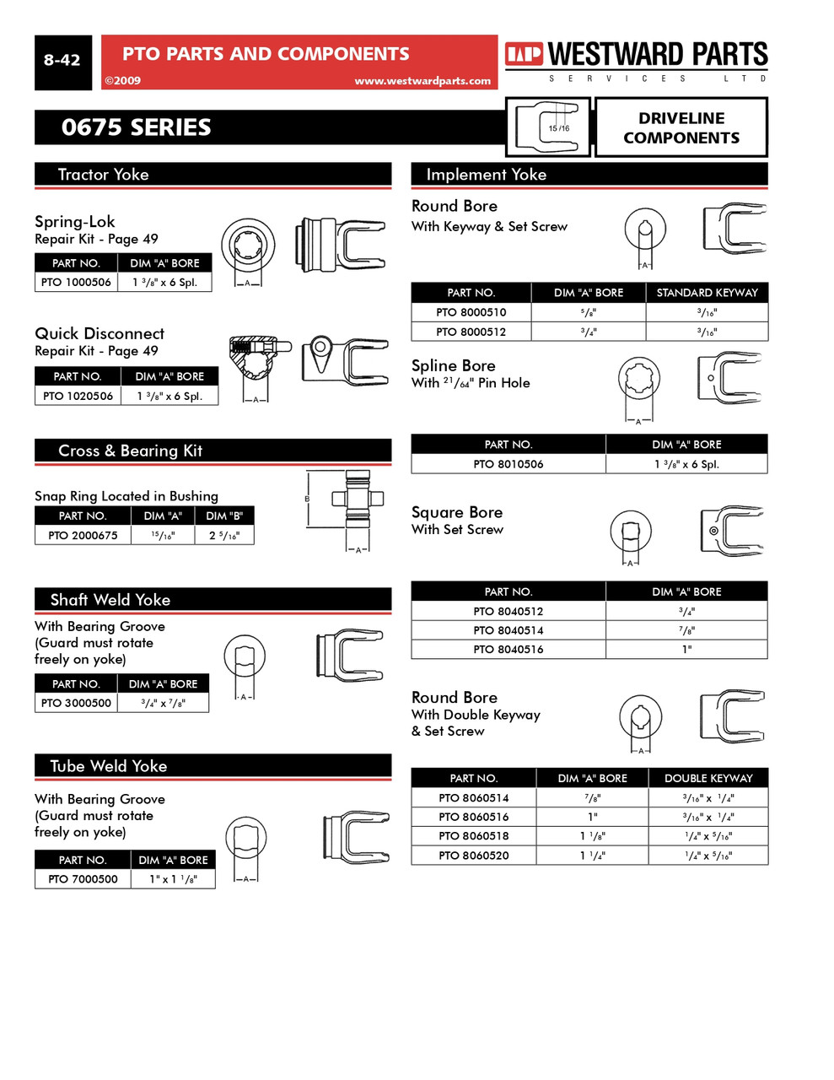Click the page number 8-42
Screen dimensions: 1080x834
pyautogui.click(x=62, y=61)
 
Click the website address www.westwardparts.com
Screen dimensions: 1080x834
pyautogui.click(x=422, y=81)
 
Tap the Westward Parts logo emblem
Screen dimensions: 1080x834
pyautogui.click(x=524, y=55)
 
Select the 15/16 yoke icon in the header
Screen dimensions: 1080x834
pyautogui.click(x=548, y=127)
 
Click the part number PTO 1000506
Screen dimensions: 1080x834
pyautogui.click(x=76, y=283)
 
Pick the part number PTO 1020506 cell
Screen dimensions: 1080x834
pyautogui.click(x=78, y=396)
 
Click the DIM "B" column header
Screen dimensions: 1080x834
pyautogui.click(x=223, y=516)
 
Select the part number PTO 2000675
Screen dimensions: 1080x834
pyautogui.click(x=83, y=535)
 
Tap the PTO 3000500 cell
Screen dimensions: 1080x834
pyautogui.click(x=76, y=703)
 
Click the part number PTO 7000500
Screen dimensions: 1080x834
pyautogui.click(x=83, y=879)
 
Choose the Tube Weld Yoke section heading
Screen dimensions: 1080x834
pyautogui.click(x=109, y=766)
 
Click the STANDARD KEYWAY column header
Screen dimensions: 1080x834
pyautogui.click(x=707, y=293)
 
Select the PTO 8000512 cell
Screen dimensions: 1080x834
pyautogui.click(x=471, y=332)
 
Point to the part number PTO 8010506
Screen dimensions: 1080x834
pyautogui.click(x=508, y=464)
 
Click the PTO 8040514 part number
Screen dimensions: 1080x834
pyautogui.click(x=508, y=630)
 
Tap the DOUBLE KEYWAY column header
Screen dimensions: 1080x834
pyautogui.click(x=708, y=778)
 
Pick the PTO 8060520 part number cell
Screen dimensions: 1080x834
pyautogui.click(x=473, y=856)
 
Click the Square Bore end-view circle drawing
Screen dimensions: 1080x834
pyautogui.click(x=630, y=532)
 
